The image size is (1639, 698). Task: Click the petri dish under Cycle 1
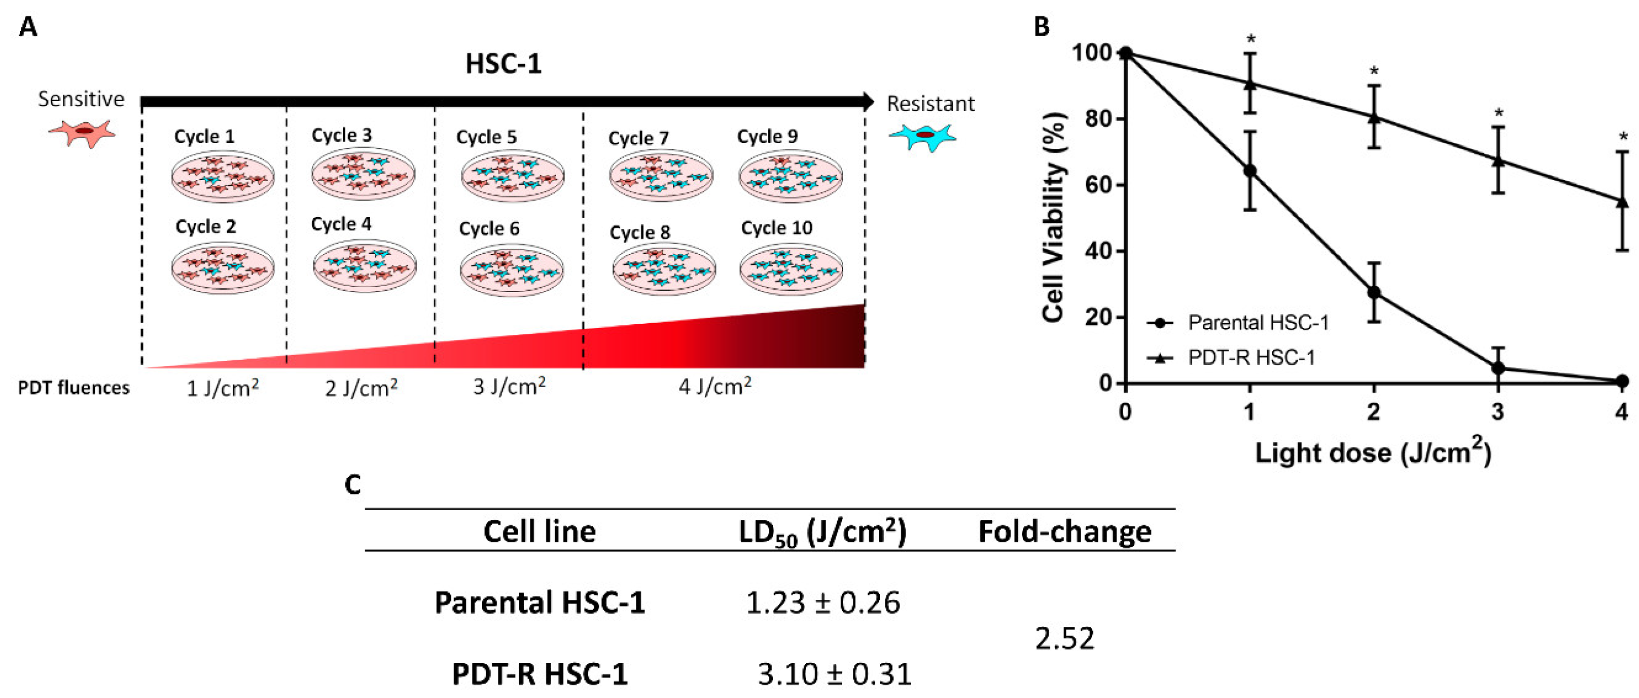[223, 176]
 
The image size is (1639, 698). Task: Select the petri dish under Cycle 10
[791, 269]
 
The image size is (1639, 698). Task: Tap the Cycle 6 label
[489, 228]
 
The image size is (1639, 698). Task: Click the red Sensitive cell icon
[83, 132]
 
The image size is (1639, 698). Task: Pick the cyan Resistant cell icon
[923, 136]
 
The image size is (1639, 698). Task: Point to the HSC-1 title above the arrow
[503, 64]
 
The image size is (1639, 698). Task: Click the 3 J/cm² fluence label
[509, 386]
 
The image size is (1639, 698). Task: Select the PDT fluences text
[73, 388]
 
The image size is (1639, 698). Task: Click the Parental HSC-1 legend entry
[1258, 323]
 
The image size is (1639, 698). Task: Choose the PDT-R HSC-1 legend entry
[1251, 358]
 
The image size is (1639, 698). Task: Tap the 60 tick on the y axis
[1097, 185]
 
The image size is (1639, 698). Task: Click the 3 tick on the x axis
[1498, 411]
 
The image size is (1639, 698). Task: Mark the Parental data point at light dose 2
[1374, 293]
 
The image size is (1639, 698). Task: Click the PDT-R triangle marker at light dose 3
[1498, 160]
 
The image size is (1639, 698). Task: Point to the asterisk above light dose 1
[1251, 39]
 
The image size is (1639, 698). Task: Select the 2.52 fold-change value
[1064, 638]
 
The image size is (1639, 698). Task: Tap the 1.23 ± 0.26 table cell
[823, 602]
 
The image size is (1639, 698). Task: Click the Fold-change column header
[1064, 531]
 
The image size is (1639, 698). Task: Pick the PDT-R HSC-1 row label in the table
[540, 674]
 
